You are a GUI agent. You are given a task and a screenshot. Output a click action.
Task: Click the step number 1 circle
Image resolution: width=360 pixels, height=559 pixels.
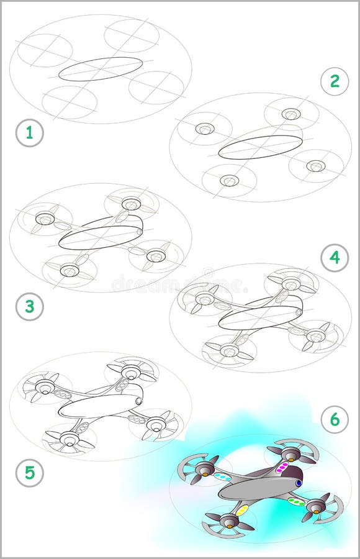point(29,134)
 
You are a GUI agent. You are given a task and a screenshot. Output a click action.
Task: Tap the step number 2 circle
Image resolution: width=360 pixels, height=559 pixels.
point(335,81)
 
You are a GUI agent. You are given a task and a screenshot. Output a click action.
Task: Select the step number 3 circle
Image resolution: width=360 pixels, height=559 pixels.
point(29,307)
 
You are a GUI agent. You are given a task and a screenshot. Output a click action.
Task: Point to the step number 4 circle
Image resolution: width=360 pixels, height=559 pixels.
point(335,257)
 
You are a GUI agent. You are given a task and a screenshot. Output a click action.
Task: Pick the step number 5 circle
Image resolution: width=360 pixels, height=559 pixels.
point(29,474)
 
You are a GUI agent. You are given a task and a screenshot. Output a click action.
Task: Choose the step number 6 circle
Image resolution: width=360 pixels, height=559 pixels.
point(335,420)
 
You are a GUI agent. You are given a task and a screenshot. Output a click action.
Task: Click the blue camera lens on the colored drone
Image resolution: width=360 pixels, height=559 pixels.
point(299,483)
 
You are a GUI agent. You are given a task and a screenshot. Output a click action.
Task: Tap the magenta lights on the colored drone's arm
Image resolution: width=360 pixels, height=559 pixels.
point(282,467)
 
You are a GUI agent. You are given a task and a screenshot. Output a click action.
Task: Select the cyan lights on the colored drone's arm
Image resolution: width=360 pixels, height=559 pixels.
point(222,476)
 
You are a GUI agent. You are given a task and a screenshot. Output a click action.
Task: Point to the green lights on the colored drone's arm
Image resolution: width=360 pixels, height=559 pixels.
point(297,501)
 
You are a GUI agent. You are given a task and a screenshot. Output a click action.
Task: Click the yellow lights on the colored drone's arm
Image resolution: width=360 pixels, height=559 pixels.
point(242,511)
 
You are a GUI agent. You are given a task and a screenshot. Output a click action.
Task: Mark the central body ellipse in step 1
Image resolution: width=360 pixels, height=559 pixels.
point(101,69)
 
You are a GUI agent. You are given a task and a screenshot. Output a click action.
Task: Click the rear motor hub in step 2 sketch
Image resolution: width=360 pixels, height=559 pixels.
point(290,114)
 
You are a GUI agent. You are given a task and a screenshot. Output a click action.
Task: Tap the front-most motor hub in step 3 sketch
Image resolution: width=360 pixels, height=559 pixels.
point(70,270)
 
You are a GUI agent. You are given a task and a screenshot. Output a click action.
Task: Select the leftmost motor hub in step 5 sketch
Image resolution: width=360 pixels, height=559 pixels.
point(44,387)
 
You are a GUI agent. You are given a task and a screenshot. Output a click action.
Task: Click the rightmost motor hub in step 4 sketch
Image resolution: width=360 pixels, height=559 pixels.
point(315,336)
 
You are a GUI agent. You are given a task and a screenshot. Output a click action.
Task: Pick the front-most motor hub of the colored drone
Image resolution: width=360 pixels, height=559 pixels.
point(229,521)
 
